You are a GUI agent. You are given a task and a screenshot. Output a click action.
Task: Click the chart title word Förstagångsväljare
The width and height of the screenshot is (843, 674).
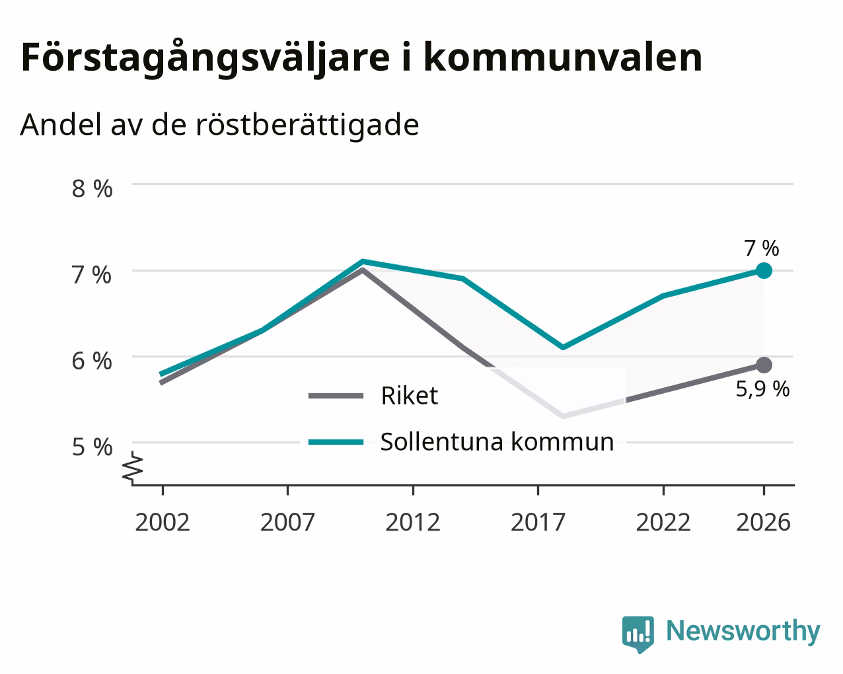[x=205, y=58]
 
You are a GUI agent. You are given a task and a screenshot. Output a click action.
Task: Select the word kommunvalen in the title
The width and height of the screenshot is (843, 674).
[x=563, y=57]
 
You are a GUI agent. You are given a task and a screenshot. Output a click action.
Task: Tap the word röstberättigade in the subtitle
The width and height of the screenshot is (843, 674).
[x=307, y=125]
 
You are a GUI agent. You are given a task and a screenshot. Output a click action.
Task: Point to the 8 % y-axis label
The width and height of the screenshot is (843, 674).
[x=92, y=188]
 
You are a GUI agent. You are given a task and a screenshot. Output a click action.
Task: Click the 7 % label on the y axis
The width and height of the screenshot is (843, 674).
[x=92, y=275]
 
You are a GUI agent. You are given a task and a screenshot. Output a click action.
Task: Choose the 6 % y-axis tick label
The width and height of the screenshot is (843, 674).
[x=92, y=361]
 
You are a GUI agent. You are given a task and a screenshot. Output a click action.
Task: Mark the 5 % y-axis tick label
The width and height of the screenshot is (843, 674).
[x=92, y=447]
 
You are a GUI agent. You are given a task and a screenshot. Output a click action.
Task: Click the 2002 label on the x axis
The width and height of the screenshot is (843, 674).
[x=163, y=522]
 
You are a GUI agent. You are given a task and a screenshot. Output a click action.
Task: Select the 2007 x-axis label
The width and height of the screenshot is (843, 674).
[x=287, y=522]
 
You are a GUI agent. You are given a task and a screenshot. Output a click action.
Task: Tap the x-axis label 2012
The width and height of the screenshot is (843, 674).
[x=413, y=522]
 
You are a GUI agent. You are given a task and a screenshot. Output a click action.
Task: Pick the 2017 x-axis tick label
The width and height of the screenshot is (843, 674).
[x=538, y=522]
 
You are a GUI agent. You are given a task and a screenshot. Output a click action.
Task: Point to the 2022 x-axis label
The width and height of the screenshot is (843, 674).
[x=663, y=522]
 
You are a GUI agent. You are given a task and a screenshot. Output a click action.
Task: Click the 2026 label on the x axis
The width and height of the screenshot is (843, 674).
[x=764, y=522]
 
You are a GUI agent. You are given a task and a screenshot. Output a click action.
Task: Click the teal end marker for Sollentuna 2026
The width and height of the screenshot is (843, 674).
[x=764, y=270]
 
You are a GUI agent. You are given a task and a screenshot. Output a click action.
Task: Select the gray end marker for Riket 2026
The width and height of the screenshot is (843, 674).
[x=764, y=365]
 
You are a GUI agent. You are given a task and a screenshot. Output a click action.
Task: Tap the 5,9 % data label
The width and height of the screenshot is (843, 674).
[x=762, y=389]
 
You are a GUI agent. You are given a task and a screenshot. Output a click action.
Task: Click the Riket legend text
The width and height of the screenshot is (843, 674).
[x=410, y=395]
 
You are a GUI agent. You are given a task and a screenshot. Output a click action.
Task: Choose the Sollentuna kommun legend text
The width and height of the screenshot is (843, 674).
[x=497, y=442]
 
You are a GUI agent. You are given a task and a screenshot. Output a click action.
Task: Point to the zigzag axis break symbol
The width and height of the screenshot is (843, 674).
[x=132, y=467]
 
